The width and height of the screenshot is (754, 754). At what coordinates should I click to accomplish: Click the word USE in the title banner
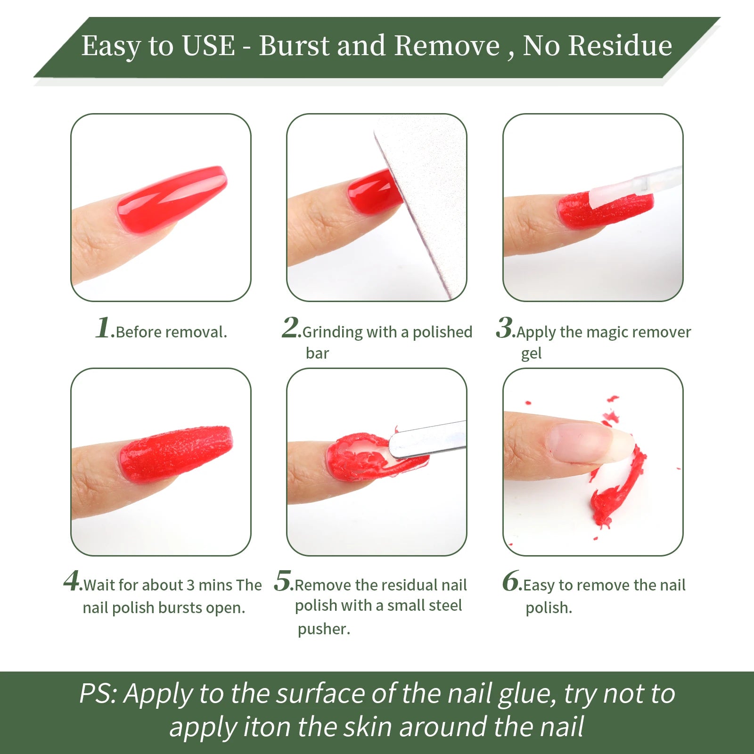pyautogui.click(x=208, y=46)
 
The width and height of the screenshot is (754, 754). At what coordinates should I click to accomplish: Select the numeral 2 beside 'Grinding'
pyautogui.click(x=290, y=327)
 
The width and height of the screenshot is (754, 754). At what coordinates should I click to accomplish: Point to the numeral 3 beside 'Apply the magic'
pyautogui.click(x=505, y=327)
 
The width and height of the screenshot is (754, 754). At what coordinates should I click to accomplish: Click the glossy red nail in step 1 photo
pyautogui.click(x=172, y=198)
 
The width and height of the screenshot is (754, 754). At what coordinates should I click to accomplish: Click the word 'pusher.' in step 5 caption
pyautogui.click(x=324, y=629)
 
